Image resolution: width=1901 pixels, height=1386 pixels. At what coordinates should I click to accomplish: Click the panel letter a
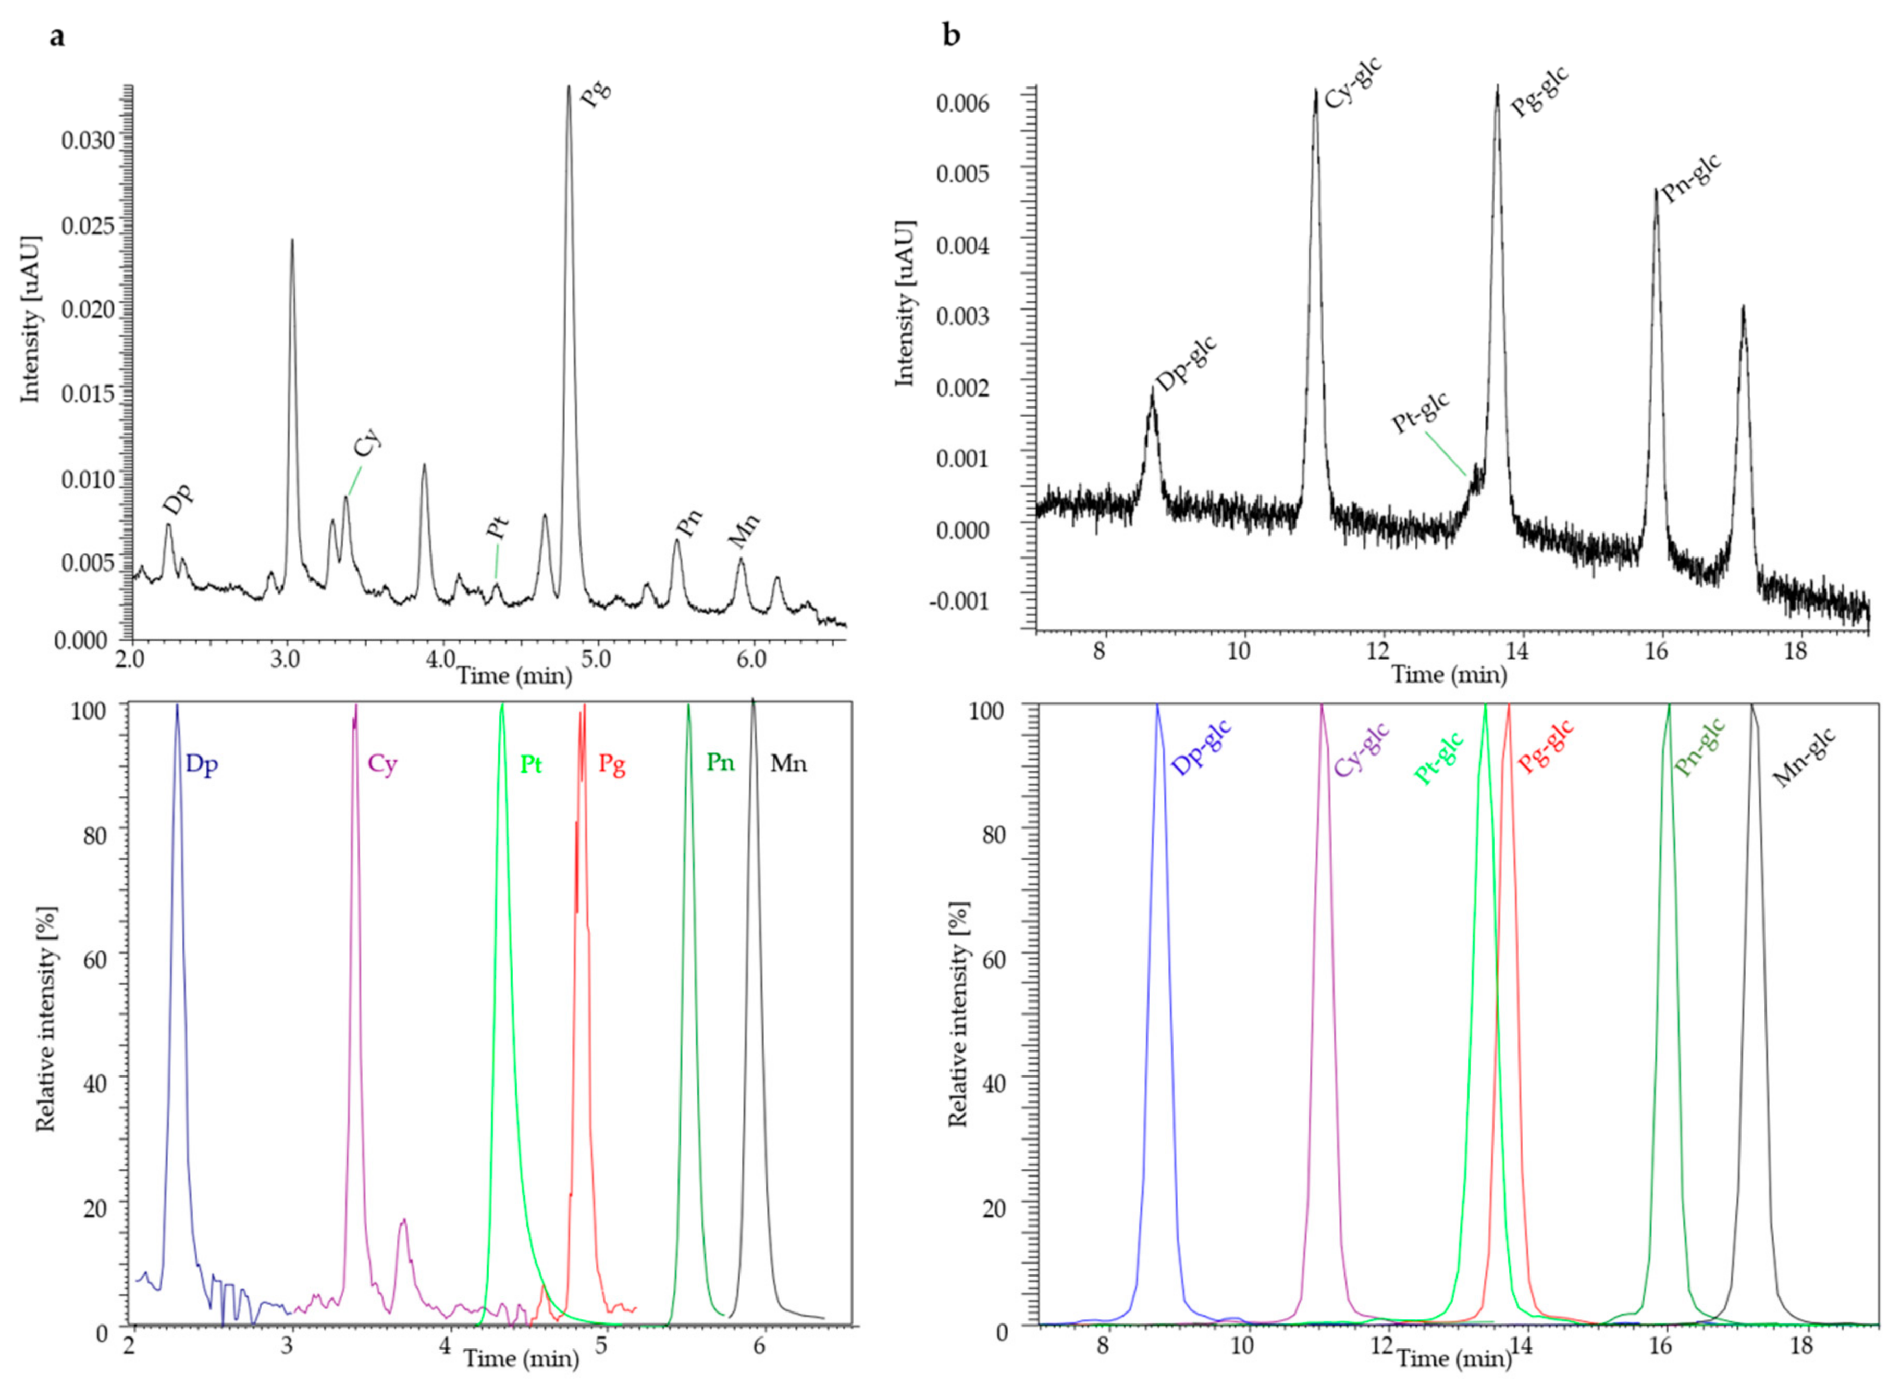[x=56, y=38]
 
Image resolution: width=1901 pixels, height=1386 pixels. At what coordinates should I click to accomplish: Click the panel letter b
[x=952, y=38]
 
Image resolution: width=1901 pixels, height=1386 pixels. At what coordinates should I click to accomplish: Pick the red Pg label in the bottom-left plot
[x=612, y=764]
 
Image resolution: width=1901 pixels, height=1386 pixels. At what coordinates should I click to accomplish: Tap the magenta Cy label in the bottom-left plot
[x=382, y=764]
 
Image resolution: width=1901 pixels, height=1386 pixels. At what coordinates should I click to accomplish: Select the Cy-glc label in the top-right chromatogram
[x=1353, y=83]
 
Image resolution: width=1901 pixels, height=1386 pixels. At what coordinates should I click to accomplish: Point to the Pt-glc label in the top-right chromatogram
[x=1421, y=414]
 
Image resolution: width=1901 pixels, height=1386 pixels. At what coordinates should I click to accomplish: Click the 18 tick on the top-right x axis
[x=1795, y=652]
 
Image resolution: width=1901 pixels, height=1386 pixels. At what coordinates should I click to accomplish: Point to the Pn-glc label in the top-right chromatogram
[x=1692, y=178]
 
